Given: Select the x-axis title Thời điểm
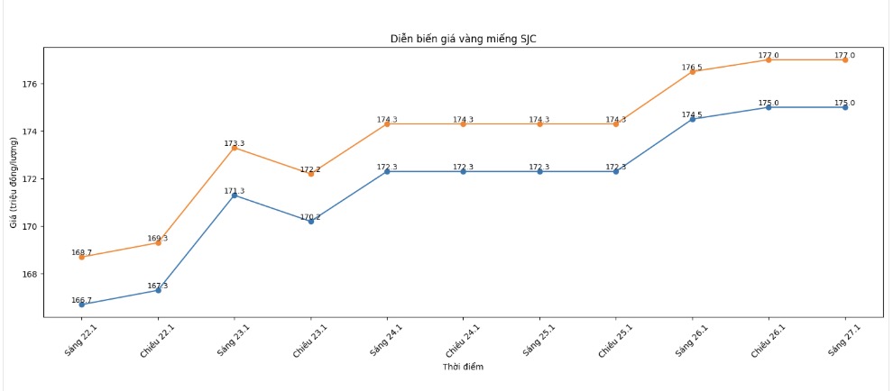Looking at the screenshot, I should pyautogui.click(x=462, y=367).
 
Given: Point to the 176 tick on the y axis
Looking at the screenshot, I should pyautogui.click(x=28, y=84).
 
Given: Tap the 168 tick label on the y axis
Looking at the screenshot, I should pyautogui.click(x=28, y=274).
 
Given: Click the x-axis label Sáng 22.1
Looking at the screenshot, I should pyautogui.click(x=78, y=340).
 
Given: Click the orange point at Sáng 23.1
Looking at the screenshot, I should pyautogui.click(x=235, y=148).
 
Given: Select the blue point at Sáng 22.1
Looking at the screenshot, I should pyautogui.click(x=82, y=305).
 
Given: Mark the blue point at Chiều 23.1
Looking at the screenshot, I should pyautogui.click(x=311, y=221).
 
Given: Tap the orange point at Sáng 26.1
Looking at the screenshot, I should pyautogui.click(x=693, y=71).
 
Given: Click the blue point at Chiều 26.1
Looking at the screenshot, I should pyautogui.click(x=769, y=107).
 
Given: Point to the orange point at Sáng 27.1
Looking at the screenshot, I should pyautogui.click(x=845, y=59).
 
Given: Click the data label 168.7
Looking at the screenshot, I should pyautogui.click(x=81, y=253).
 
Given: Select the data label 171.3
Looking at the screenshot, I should pyautogui.click(x=234, y=191).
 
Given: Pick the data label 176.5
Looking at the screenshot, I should pyautogui.click(x=692, y=68).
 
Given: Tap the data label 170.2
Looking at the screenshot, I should pyautogui.click(x=310, y=217).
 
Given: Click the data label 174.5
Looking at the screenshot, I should pyautogui.click(x=692, y=114).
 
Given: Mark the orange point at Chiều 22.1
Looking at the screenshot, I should pyautogui.click(x=159, y=242).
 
